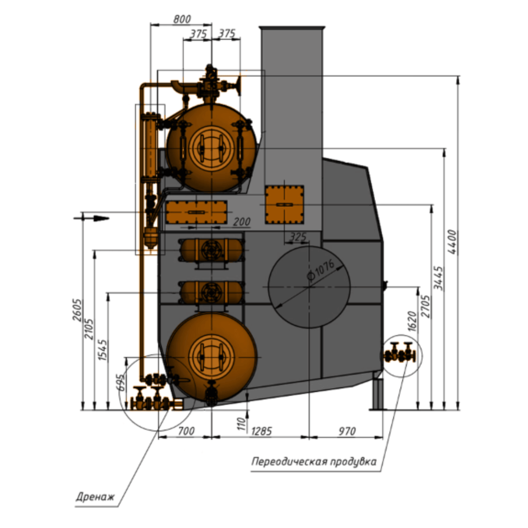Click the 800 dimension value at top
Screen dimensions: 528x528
coord(182,19)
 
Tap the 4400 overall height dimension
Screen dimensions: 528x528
coord(452,242)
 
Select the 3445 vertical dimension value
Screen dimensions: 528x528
coord(438,278)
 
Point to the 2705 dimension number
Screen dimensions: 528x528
coord(426,306)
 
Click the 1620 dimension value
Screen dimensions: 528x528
coord(412,321)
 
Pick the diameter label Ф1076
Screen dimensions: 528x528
coord(320,270)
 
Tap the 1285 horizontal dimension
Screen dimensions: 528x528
coord(261,431)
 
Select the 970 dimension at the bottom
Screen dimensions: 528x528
coord(347,431)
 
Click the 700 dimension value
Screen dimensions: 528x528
coord(186,431)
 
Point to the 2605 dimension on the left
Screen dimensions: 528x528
coord(77,310)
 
